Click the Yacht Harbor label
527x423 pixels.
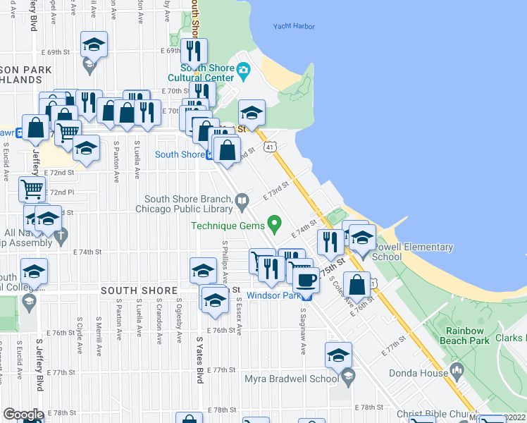294,27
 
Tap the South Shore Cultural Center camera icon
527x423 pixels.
244,68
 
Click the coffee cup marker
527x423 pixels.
306,279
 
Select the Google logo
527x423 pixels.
23,415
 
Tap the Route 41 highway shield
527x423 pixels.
270,147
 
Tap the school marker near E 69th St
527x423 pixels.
94,46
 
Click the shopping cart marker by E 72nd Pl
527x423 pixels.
32,188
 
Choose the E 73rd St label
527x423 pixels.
277,190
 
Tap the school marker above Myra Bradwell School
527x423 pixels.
338,356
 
